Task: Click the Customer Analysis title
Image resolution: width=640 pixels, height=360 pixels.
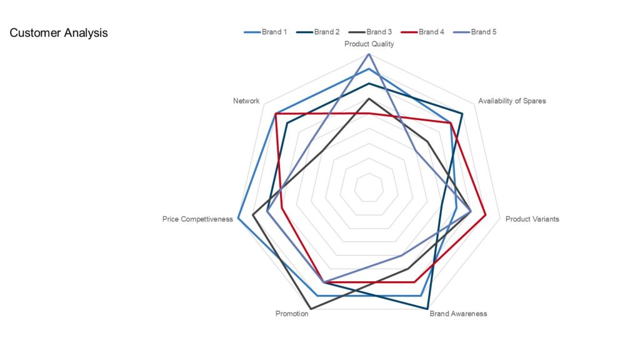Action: [x=59, y=33]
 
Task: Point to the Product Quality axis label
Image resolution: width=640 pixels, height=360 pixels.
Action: [x=369, y=44]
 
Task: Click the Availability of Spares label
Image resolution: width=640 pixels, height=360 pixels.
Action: [x=511, y=101]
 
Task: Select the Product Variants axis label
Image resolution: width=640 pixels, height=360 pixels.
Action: [x=532, y=219]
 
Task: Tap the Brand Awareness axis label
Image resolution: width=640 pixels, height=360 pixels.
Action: [x=458, y=314]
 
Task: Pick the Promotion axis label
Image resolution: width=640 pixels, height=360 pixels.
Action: [x=292, y=314]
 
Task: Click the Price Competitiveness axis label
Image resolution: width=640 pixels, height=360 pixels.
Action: [x=197, y=219]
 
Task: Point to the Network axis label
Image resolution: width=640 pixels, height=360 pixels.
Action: [x=246, y=101]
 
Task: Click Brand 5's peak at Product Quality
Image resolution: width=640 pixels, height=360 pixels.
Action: [x=369, y=54]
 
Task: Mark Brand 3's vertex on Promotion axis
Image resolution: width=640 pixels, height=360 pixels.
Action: [x=311, y=309]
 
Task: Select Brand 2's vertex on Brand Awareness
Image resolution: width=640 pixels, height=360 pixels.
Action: [x=427, y=309]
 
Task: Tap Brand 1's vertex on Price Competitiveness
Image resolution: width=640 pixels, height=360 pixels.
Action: [x=238, y=218]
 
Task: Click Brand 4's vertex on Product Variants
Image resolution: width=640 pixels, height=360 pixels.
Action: [x=486, y=215]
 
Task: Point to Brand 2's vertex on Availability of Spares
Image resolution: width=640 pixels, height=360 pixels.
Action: [x=462, y=113]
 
